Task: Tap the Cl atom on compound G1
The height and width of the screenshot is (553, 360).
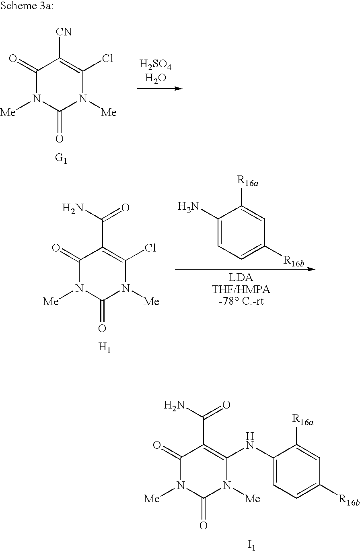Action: tap(107, 59)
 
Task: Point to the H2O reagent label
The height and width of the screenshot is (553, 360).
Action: tap(152, 78)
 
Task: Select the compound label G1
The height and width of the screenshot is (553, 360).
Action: tap(61, 158)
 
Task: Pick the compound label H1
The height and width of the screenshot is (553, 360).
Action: tap(104, 348)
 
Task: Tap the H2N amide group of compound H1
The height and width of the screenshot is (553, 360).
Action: tap(72, 208)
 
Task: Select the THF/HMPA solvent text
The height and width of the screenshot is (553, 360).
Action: tap(245, 290)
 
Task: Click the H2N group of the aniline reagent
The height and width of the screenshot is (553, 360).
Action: tap(188, 207)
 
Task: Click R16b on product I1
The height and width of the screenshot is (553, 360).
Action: tap(349, 500)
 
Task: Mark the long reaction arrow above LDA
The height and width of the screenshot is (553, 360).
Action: tap(245, 269)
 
